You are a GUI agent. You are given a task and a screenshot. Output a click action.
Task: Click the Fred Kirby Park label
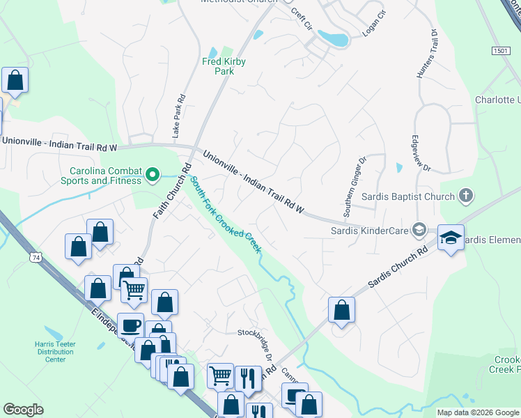pyautogui.click(x=224, y=66)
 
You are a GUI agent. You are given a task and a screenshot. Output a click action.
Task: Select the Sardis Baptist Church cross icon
pyautogui.click(x=467, y=196)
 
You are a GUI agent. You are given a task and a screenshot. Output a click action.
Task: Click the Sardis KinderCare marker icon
pyautogui.click(x=419, y=229)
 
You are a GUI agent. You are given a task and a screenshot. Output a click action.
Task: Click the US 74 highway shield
pyautogui.click(x=35, y=258)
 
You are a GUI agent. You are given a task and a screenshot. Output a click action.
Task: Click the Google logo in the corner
pyautogui.click(x=23, y=410)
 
